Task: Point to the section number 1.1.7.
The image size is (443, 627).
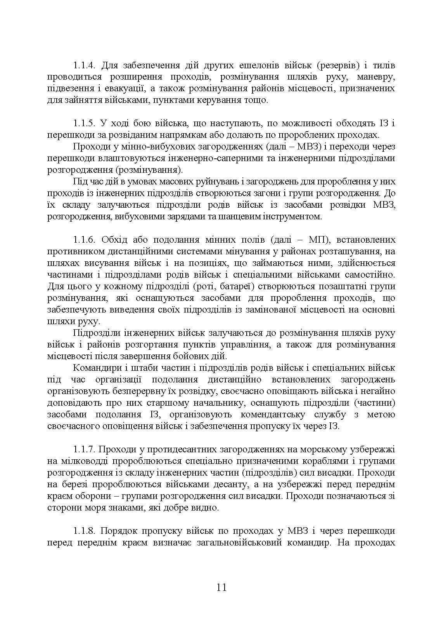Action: tap(84, 450)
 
